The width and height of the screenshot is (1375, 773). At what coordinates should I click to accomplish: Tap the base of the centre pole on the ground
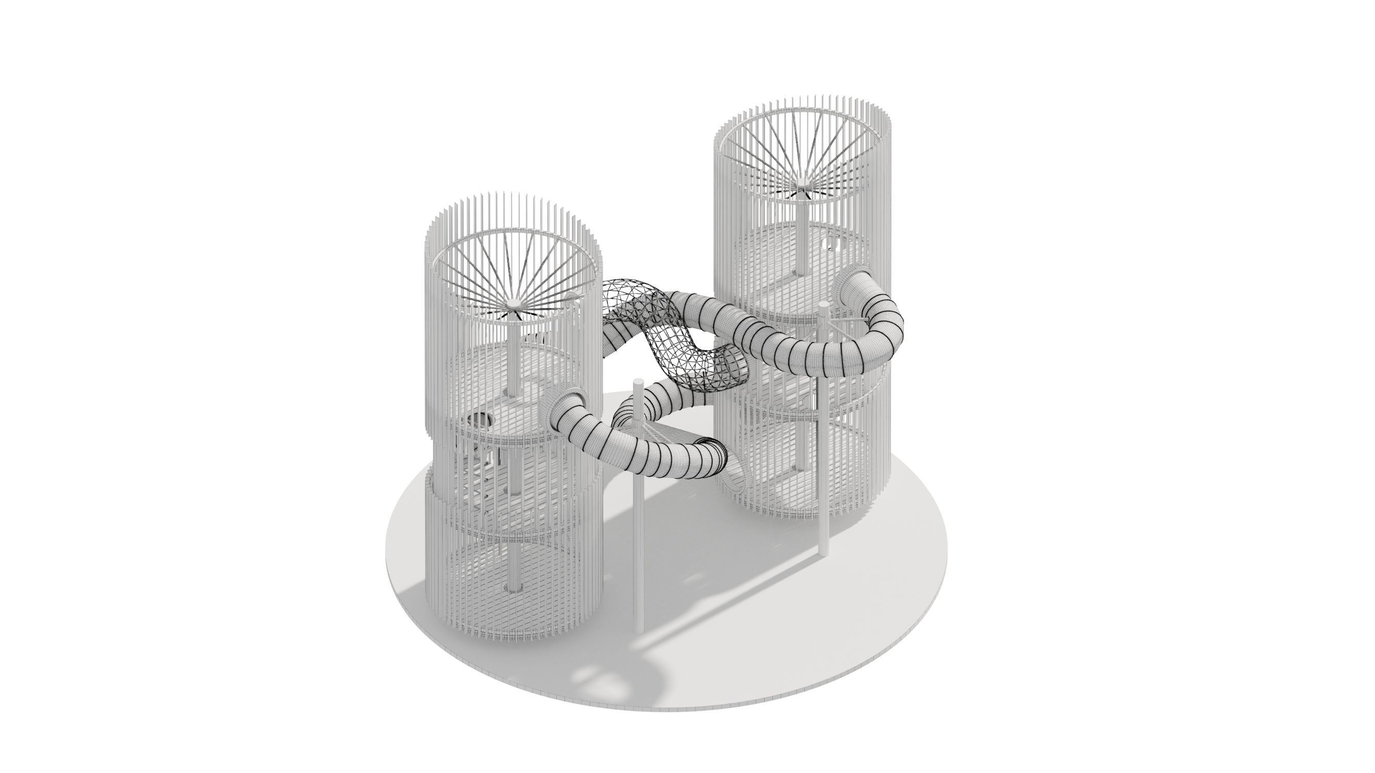click(x=638, y=630)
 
